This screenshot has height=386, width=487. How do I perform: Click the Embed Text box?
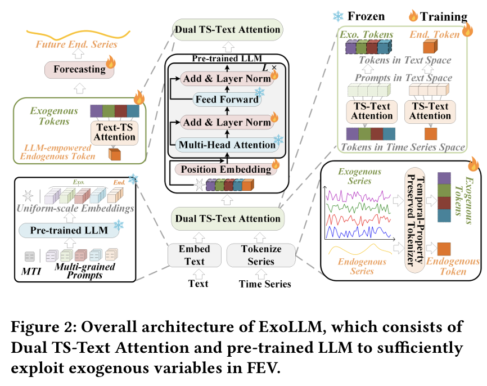194,255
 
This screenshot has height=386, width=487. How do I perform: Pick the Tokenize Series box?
261,255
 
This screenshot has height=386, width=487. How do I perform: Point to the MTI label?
29,273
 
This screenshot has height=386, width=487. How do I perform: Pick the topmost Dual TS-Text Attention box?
227,30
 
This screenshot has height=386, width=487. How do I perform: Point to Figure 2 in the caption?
54,327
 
